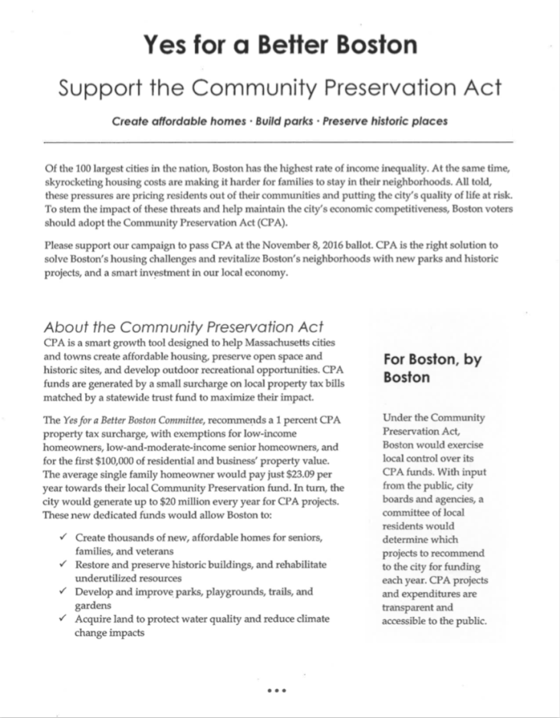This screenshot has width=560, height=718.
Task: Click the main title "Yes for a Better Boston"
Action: pos(280,44)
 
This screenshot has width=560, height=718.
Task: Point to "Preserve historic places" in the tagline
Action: pos(387,121)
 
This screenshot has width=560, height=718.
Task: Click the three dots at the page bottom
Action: pos(276,690)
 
